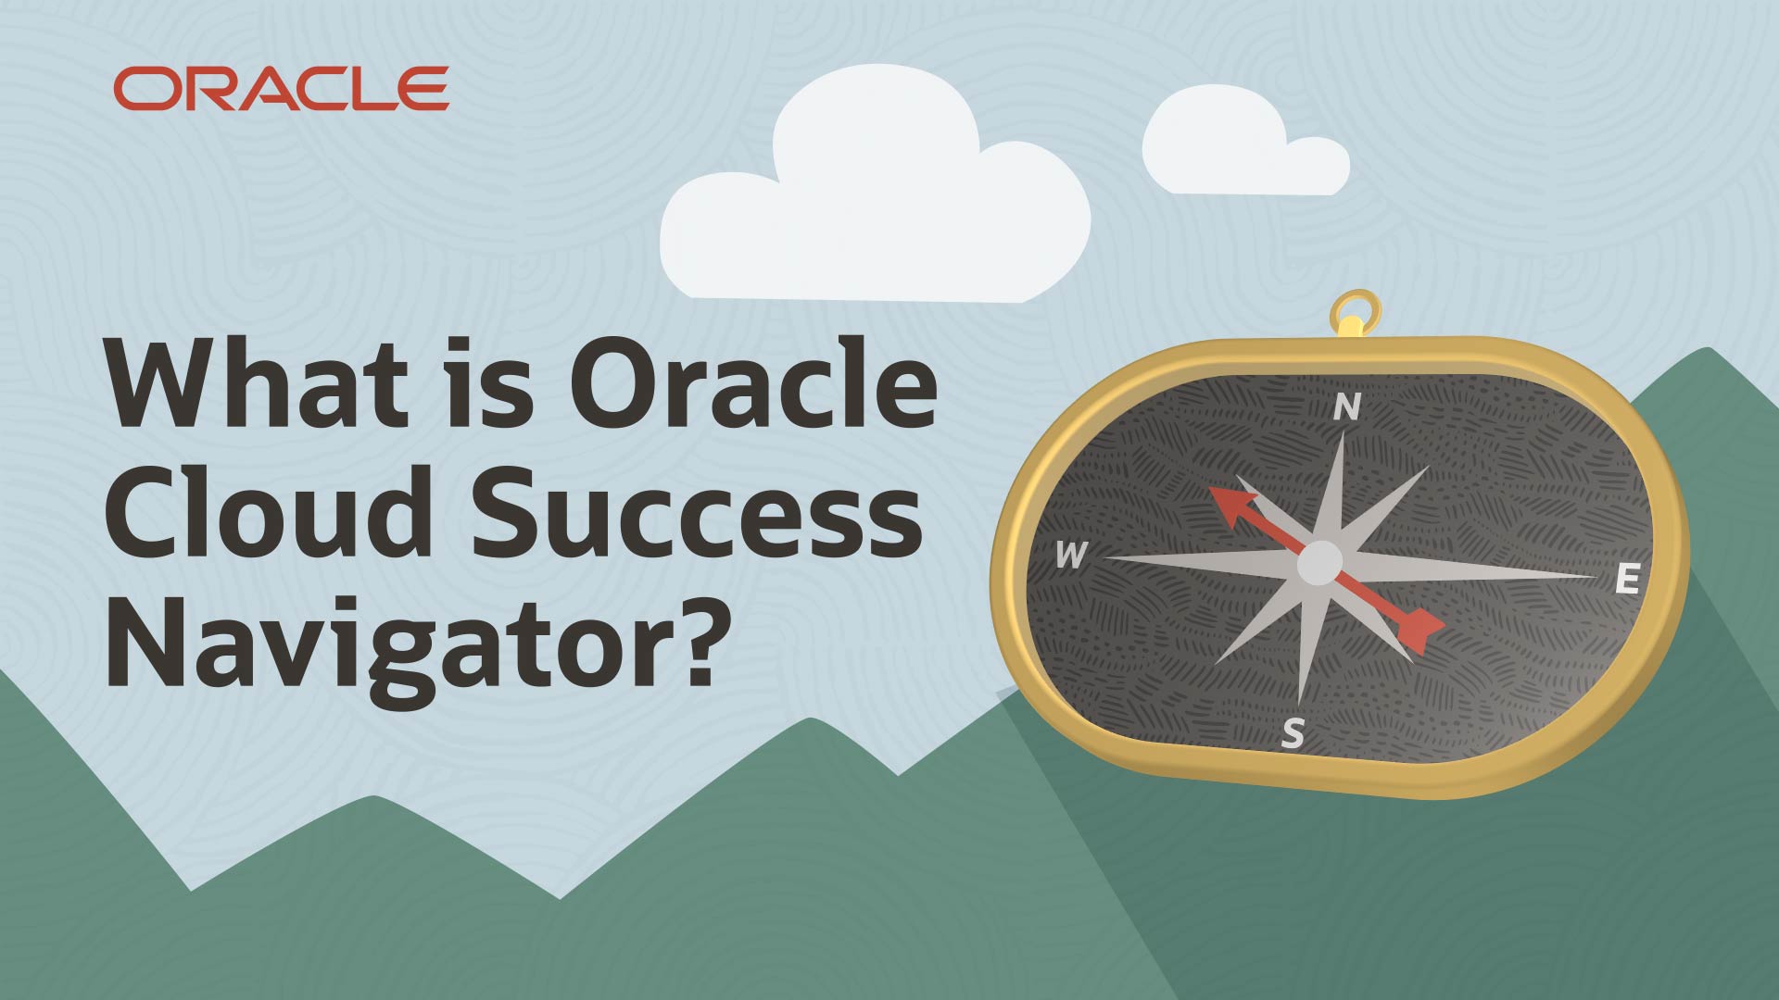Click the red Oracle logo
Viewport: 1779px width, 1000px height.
point(281,89)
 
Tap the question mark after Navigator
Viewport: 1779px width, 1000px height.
point(694,639)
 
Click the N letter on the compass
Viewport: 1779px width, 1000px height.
point(1347,407)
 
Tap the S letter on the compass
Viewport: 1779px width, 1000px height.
point(1293,733)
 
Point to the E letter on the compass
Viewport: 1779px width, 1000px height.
point(1627,580)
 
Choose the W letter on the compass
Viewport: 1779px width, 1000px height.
point(1071,556)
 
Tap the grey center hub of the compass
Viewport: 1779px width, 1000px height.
point(1319,562)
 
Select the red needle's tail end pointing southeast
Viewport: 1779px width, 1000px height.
point(1422,630)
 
